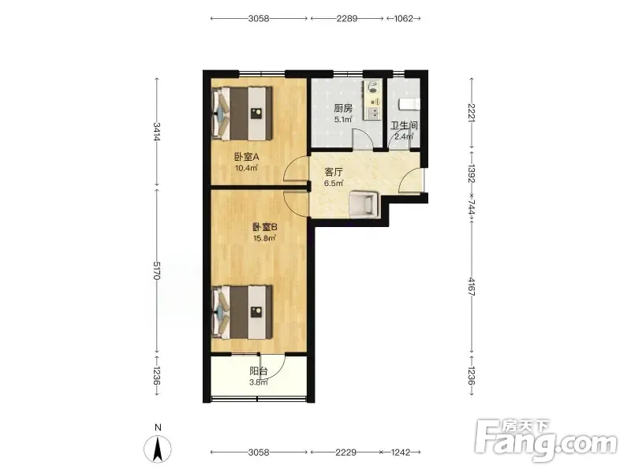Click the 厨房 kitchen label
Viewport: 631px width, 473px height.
(343, 108)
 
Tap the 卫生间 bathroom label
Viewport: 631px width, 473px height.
(404, 125)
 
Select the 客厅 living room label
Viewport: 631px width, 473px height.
(334, 172)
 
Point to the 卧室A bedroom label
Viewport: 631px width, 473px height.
(246, 157)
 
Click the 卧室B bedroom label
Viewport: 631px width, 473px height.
(265, 227)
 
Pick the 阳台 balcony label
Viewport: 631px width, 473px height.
(259, 371)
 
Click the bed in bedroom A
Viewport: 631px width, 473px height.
(242, 114)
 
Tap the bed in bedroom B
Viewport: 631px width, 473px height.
(242, 312)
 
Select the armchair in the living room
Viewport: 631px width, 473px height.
(364, 204)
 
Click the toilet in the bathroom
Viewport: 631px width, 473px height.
(409, 104)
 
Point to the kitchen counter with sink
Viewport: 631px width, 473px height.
(372, 100)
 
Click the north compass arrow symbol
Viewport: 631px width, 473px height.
(158, 448)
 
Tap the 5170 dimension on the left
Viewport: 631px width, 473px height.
(157, 270)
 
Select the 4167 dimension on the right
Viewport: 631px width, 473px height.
(472, 286)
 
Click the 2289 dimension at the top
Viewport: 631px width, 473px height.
(347, 18)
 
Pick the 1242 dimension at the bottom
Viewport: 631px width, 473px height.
(401, 453)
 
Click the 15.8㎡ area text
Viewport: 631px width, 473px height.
(264, 239)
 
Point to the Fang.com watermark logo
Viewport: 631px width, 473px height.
(546, 441)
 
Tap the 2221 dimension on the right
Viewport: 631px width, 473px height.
(472, 113)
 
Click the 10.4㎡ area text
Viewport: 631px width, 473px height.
(246, 168)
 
